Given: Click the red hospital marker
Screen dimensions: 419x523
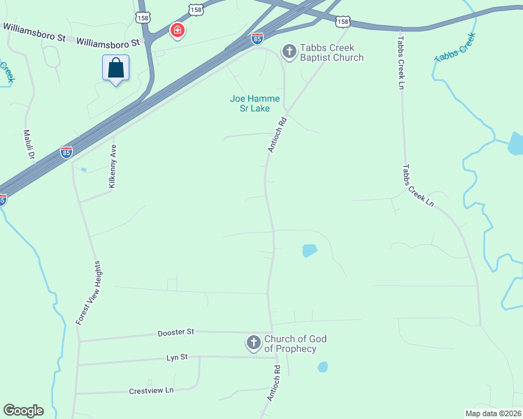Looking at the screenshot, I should point(177,30).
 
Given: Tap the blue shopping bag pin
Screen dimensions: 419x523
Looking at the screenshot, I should point(115,68).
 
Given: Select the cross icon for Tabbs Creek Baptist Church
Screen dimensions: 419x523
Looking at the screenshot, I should point(288,51).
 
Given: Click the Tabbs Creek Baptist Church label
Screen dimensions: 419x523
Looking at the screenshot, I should point(331,52).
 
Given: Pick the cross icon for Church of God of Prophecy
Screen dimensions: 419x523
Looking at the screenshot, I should point(253,343).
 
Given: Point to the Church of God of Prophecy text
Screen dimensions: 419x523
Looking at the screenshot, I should point(295,344).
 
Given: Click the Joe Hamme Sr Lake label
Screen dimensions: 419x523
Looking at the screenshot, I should point(255,103).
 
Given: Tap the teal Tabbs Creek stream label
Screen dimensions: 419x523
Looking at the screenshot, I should point(454,47).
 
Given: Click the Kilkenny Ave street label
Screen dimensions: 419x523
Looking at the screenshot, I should point(112,165).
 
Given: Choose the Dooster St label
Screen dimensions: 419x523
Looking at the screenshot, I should point(175,332).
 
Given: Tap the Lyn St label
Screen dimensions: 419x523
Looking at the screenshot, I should point(178,357).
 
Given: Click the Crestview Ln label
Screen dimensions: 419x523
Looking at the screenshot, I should point(151,390).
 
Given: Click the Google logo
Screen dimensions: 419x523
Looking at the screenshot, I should point(23,411).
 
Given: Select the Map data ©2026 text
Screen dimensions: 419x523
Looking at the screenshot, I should point(493,413).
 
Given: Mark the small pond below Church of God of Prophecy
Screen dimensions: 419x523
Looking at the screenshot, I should point(322,367).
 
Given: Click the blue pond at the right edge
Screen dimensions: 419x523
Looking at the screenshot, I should point(515,143).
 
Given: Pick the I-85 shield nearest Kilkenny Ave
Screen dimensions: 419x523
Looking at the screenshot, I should point(66,152).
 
